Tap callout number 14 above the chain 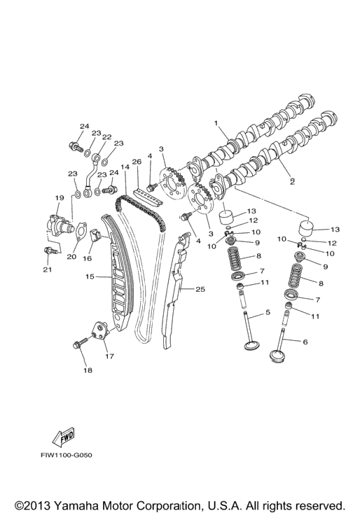click(125, 167)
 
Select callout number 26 click(137, 162)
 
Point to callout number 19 click(60, 198)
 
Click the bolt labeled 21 click(52, 251)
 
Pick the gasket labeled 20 click(81, 233)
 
